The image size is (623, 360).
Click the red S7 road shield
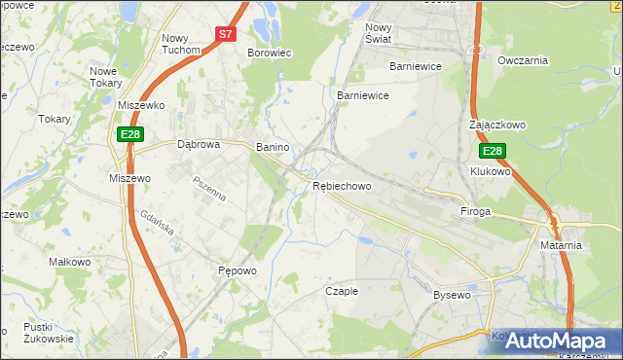pyautogui.click(x=226, y=33)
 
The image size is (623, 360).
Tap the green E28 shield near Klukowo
pyautogui.click(x=493, y=152)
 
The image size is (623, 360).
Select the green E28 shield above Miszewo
pyautogui.click(x=131, y=134)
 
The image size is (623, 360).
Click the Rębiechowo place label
pyautogui.click(x=342, y=185)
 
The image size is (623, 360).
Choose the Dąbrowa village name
pyautogui.click(x=200, y=143)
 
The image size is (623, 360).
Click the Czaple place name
pyautogui.click(x=342, y=291)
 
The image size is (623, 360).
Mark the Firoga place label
pyautogui.click(x=476, y=211)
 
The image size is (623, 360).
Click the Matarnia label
pyautogui.click(x=561, y=245)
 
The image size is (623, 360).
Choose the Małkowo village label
pyautogui.click(x=69, y=263)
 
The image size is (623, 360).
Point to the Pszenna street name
pyautogui.click(x=209, y=188)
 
